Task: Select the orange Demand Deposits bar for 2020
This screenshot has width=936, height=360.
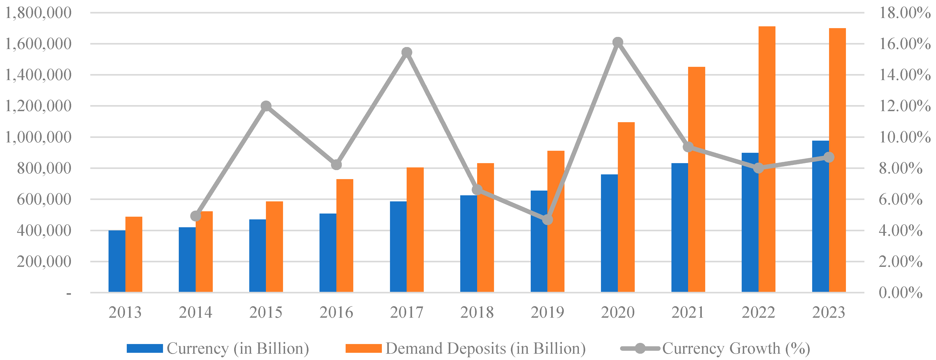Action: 626,207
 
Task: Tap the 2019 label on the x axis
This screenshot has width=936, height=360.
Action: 547,312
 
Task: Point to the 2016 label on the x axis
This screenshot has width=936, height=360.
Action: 336,312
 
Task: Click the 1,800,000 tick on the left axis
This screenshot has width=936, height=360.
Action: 38,13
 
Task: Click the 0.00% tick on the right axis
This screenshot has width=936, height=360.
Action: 900,292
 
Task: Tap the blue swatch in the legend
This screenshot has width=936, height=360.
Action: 145,348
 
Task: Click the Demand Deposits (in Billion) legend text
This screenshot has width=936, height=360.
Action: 485,348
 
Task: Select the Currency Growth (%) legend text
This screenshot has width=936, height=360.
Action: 736,348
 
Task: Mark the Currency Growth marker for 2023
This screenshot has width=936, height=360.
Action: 829,157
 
